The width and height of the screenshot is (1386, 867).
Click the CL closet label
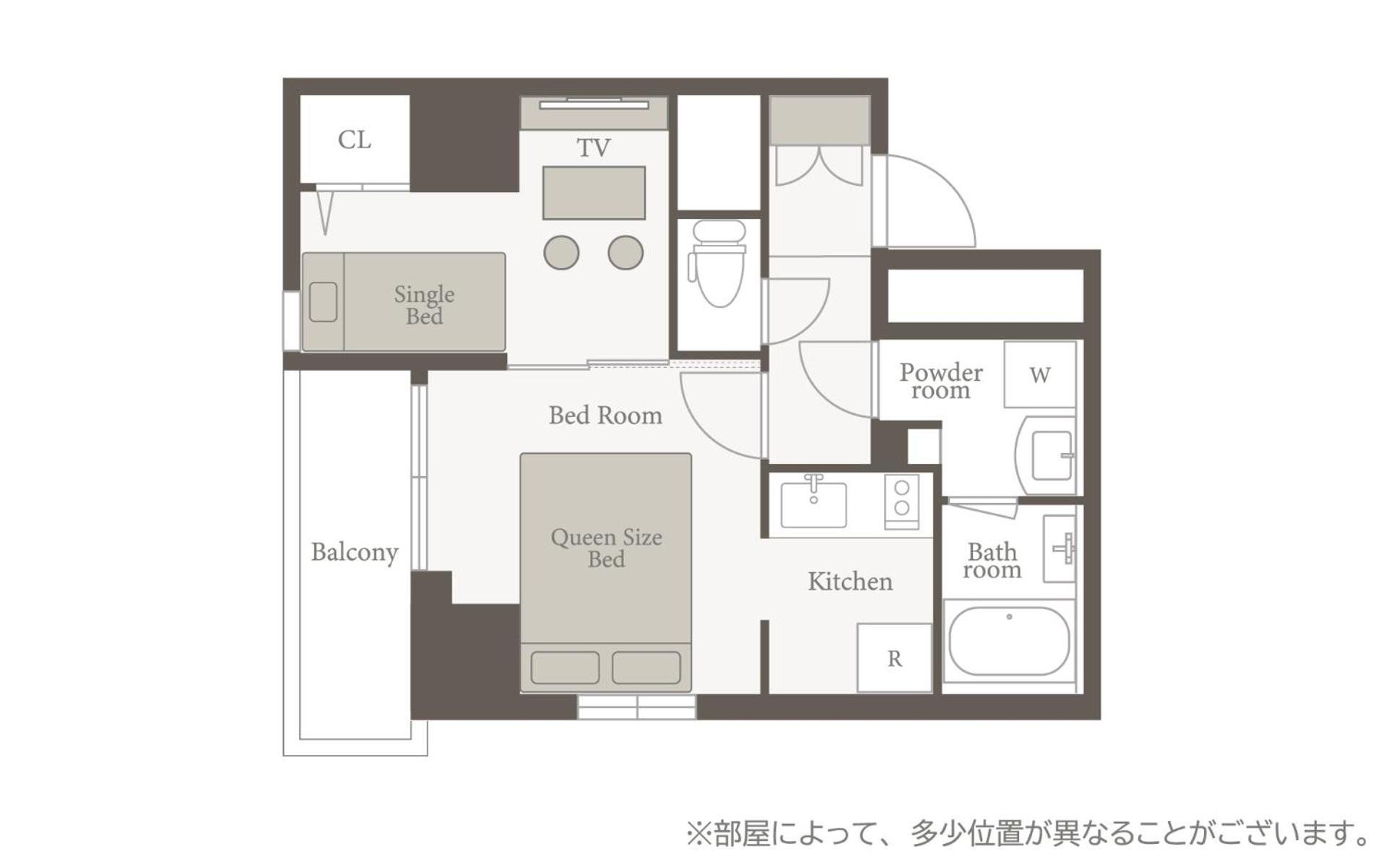pos(355,139)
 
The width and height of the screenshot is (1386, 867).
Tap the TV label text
pos(594,148)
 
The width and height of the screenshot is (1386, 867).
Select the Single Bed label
pos(424,305)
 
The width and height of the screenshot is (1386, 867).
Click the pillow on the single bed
pos(323,302)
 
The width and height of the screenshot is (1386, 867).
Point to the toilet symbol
pos(718,263)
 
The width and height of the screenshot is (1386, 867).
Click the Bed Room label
pos(605,415)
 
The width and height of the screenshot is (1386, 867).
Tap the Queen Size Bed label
pos(606,548)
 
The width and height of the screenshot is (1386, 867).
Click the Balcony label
pos(355,553)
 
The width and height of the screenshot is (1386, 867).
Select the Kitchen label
pos(850,582)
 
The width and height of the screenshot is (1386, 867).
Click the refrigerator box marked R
pos(894,657)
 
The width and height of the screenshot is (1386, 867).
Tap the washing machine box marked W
pos(1039,374)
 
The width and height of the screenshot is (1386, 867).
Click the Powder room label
pos(940,381)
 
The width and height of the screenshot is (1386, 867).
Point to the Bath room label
pos(992,561)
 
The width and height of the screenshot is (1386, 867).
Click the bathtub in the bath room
pos(1009,642)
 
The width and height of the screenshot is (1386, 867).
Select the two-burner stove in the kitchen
pos(902,498)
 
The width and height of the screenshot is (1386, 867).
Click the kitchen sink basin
pos(813,505)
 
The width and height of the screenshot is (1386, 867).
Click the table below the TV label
pos(594,193)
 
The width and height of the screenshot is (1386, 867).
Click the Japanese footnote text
pos(1028,833)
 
